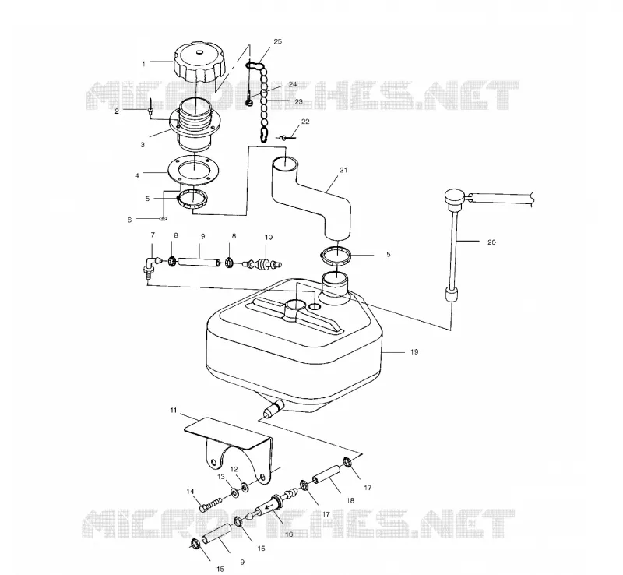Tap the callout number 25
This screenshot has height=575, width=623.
click(278, 41)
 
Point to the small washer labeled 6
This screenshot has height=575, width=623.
click(164, 218)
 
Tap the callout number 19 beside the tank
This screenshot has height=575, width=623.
click(414, 352)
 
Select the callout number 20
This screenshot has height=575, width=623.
click(491, 242)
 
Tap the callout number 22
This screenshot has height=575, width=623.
click(305, 122)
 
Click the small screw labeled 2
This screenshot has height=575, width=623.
click(151, 107)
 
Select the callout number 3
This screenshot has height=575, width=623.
click(143, 145)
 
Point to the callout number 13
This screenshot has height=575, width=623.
click(221, 476)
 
